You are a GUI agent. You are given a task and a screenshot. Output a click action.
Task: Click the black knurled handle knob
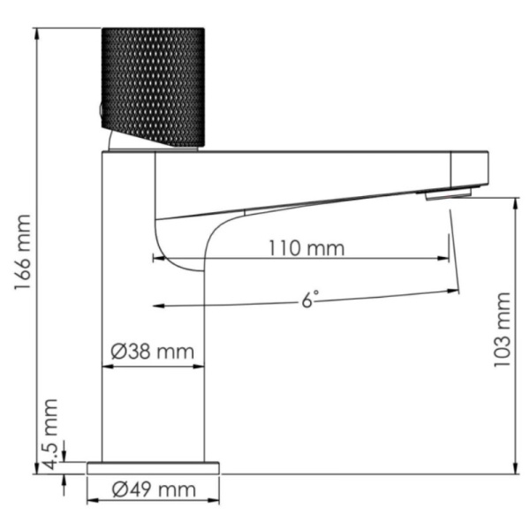pos(154,86)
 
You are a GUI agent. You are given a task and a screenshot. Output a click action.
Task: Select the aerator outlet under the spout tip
pos(447,193)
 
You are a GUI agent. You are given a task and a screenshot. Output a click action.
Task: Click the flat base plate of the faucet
pos(153,467)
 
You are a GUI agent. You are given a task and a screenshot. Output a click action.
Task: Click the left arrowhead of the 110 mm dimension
pos(157,259)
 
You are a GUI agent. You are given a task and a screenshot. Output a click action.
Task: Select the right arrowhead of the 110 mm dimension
pos(446,259)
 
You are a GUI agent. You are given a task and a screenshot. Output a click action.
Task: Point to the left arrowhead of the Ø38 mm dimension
pos(107,364)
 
